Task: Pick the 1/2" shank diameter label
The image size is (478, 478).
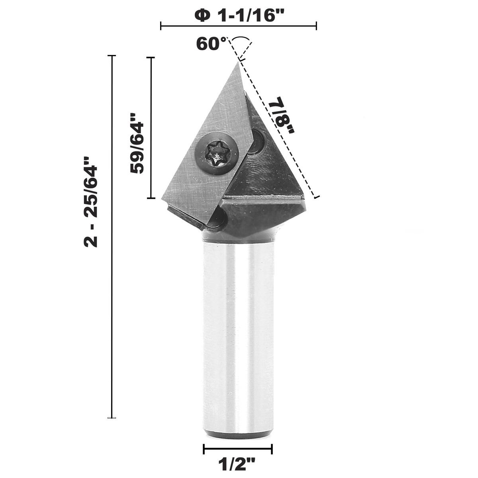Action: pyautogui.click(x=238, y=463)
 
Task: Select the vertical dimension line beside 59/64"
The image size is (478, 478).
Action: pyautogui.click(x=151, y=127)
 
